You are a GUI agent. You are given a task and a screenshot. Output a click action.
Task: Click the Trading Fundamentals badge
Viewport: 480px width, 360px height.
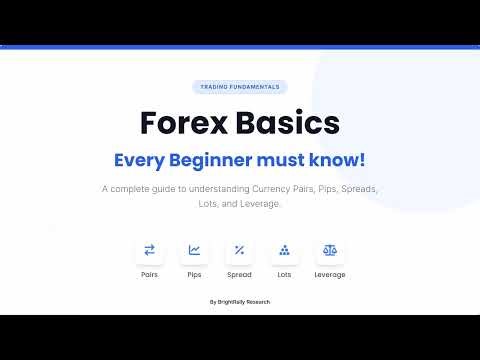click(x=239, y=87)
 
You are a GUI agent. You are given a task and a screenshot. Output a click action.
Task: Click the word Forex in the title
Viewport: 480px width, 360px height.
click(x=184, y=123)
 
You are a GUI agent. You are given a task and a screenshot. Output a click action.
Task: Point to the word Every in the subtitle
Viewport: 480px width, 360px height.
click(x=137, y=159)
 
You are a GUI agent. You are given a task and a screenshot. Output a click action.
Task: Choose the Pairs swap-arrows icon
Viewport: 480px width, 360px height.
click(x=150, y=250)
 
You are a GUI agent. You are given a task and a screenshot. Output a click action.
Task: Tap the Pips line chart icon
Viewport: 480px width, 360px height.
click(x=194, y=250)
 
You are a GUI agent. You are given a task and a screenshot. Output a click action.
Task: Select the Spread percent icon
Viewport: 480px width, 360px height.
click(x=239, y=250)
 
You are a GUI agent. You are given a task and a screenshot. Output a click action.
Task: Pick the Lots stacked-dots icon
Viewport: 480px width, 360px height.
click(x=284, y=250)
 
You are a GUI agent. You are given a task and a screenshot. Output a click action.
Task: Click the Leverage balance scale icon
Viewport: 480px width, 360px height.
click(x=329, y=250)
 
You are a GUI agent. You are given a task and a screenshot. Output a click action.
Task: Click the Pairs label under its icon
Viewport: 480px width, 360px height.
click(x=150, y=274)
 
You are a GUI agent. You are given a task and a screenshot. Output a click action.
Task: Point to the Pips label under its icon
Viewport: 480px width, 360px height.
click(x=194, y=274)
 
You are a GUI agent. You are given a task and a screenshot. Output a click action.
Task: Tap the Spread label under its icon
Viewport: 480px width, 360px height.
click(x=239, y=274)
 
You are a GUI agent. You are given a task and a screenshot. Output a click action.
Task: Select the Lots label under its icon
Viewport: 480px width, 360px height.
click(x=284, y=274)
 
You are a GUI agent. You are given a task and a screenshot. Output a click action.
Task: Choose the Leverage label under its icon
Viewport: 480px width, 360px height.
click(x=329, y=274)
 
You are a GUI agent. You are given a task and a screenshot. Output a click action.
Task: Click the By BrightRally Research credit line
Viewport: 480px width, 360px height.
click(x=239, y=302)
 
